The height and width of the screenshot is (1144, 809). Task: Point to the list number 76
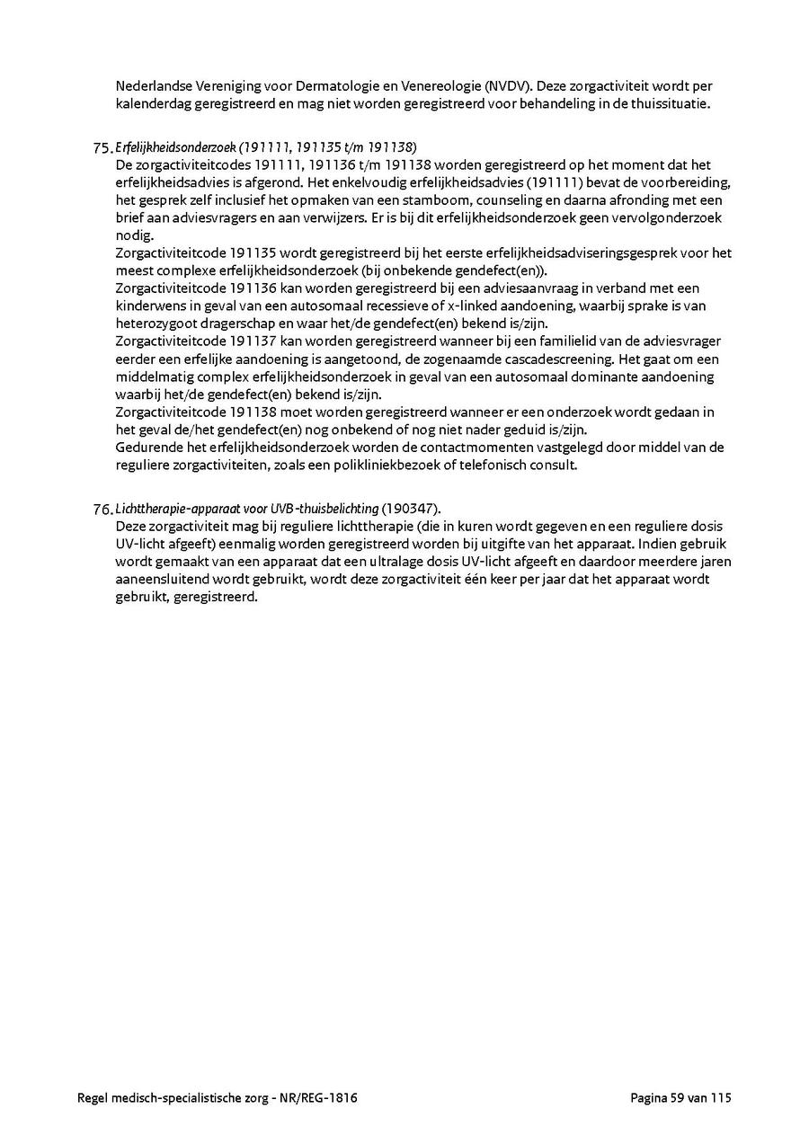(x=102, y=510)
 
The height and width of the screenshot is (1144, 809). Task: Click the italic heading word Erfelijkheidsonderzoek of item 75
(x=176, y=147)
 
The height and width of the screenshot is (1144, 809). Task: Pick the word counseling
(x=488, y=200)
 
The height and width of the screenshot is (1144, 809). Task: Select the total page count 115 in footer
(x=722, y=1097)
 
